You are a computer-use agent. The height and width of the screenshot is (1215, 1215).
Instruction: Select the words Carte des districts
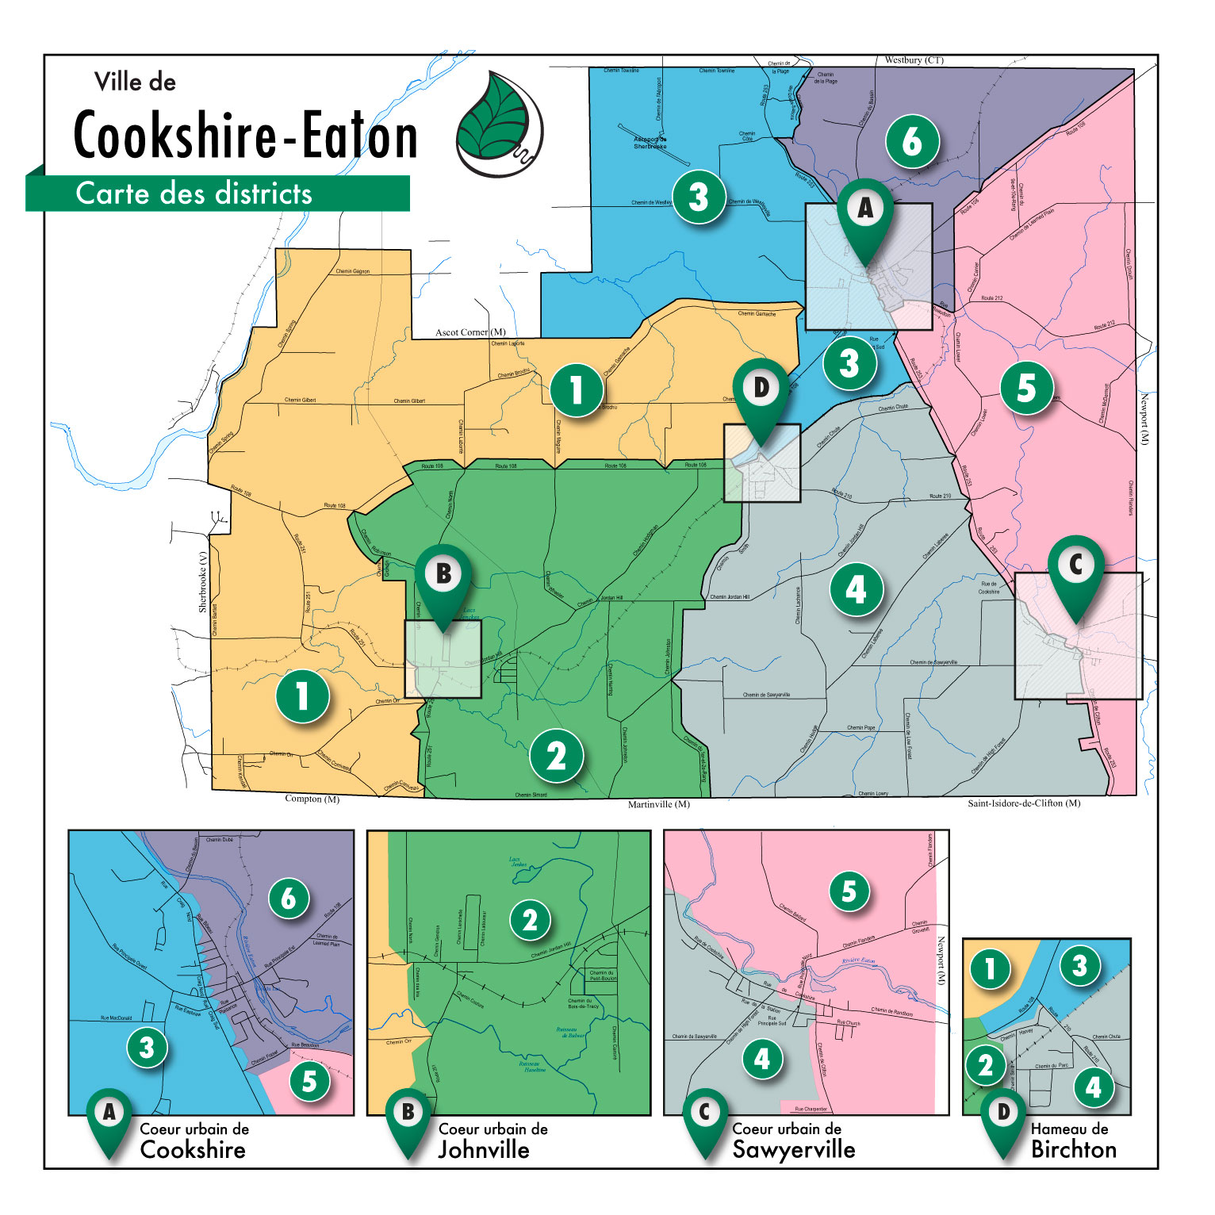pyautogui.click(x=194, y=194)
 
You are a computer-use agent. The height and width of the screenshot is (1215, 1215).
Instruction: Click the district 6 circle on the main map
pyautogui.click(x=912, y=142)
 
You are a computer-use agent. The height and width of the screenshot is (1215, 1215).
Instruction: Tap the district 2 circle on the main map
pyautogui.click(x=557, y=756)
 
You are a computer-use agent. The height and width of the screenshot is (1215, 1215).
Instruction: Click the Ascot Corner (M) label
pyautogui.click(x=470, y=332)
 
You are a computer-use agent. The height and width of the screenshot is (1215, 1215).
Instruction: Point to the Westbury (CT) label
pyautogui.click(x=914, y=60)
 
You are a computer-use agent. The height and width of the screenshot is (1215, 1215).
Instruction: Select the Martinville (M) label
pyautogui.click(x=658, y=804)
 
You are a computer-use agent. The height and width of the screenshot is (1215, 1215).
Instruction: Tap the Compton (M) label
pyautogui.click(x=312, y=799)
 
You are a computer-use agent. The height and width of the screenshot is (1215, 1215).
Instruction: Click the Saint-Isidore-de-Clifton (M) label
pyautogui.click(x=1023, y=803)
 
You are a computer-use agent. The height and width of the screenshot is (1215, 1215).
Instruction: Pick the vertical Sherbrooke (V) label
pyautogui.click(x=203, y=582)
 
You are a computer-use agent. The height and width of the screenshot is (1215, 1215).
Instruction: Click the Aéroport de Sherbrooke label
pyautogui.click(x=650, y=143)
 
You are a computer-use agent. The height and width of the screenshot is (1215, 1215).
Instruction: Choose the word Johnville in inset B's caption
pyautogui.click(x=484, y=1150)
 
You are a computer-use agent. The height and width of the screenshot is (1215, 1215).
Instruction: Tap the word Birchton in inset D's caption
pyautogui.click(x=1073, y=1150)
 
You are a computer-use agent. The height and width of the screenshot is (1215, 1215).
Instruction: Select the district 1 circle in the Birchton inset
pyautogui.click(x=990, y=968)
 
